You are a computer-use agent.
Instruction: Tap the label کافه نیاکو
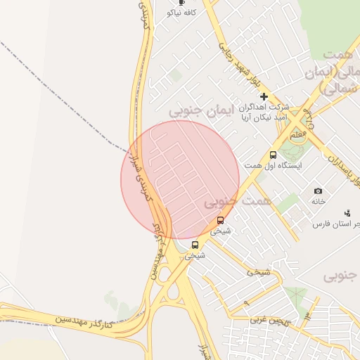click(x=181, y=13)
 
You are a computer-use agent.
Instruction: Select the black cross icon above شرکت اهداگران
click(x=264, y=96)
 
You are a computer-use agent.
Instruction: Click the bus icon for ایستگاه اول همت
click(x=273, y=155)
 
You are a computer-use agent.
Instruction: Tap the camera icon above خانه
click(x=318, y=191)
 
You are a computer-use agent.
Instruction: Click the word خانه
click(x=319, y=201)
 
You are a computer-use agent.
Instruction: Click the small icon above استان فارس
click(x=347, y=213)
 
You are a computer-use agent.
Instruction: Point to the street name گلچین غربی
click(x=266, y=319)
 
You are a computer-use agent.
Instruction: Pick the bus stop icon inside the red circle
click(x=220, y=220)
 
